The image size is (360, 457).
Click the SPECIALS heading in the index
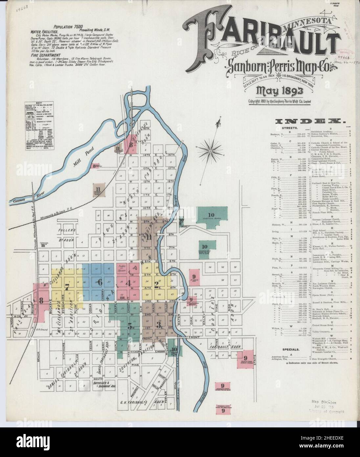click(x=290, y=349)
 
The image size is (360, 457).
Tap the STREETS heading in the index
click(x=290, y=127)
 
